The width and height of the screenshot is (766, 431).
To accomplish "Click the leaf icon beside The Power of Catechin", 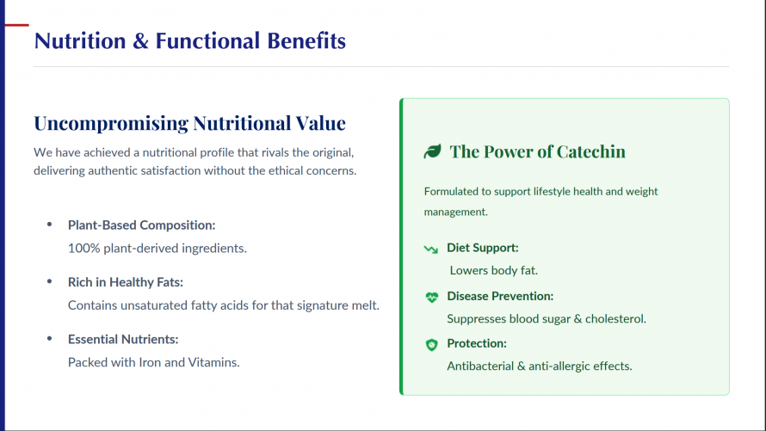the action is [432, 151].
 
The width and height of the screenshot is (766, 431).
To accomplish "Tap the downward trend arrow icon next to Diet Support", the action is [431, 249].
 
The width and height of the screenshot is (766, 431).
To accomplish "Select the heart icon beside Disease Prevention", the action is [431, 297].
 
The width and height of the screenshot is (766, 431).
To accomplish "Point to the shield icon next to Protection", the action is [431, 345].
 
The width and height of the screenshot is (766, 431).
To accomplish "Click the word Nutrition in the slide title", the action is [80, 40].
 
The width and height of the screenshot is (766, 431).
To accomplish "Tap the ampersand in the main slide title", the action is [140, 40].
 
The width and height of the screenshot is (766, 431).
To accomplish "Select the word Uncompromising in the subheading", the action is [111, 124].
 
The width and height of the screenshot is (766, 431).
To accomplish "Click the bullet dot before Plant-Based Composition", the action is [49, 225].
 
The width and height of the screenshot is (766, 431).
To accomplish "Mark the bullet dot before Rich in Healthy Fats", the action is [49, 281].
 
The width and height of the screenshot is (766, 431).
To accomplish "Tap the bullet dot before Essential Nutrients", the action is [49, 339].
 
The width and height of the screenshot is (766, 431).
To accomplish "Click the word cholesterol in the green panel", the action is [615, 319].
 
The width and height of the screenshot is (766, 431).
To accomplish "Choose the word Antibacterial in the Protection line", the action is [480, 366].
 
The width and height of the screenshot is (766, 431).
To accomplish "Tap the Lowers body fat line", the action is [494, 271].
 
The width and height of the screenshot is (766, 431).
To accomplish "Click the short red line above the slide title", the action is [16, 25].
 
